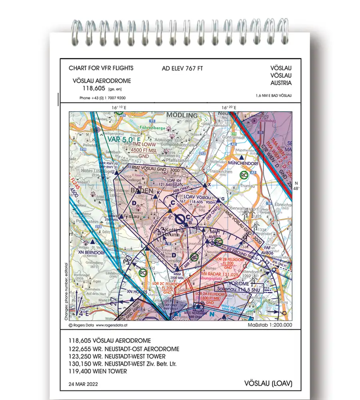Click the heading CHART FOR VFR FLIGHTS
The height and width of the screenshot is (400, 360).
(x=101, y=68)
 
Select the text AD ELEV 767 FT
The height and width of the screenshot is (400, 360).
(x=182, y=68)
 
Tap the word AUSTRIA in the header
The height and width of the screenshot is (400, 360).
(x=281, y=83)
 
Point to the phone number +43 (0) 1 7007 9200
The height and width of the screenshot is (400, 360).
(x=102, y=98)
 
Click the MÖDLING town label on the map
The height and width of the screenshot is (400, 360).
(x=182, y=115)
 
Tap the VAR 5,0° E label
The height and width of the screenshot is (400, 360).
(x=124, y=139)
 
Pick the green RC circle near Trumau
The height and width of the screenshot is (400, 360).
(x=244, y=174)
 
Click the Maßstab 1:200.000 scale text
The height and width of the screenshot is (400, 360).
(x=270, y=326)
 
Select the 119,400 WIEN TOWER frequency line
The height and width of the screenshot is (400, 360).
(x=98, y=371)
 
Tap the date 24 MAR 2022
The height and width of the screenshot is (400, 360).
(x=84, y=384)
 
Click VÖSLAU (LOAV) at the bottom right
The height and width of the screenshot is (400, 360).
(x=268, y=384)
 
